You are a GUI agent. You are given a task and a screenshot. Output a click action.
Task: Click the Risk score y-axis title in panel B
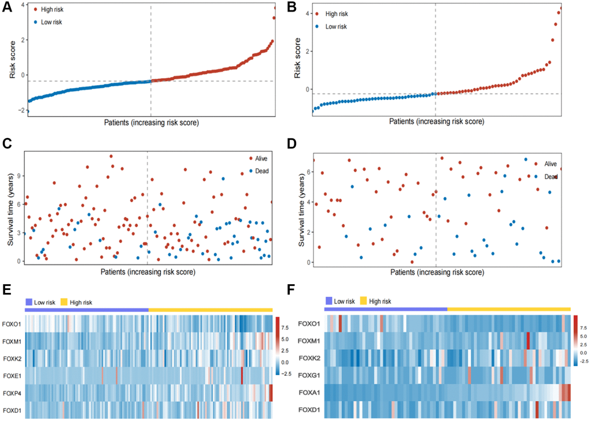(x=298, y=60)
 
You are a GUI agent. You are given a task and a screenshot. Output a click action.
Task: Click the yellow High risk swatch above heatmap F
(x=366, y=301)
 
